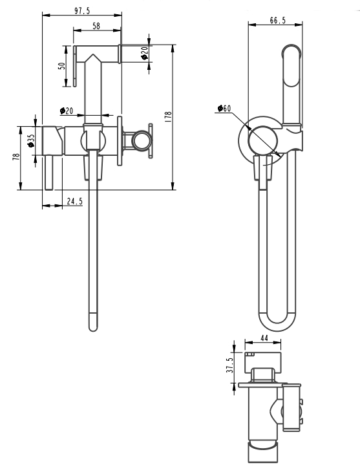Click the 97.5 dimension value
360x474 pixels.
82,10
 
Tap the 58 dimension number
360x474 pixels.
96,26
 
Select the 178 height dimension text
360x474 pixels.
168,116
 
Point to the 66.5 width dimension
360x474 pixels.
277,20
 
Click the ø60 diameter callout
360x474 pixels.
224,108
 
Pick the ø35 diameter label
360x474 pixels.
31,140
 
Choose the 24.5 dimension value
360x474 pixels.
74,201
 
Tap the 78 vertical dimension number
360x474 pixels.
16,156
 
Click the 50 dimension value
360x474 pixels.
61,65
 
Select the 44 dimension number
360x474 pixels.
264,338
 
